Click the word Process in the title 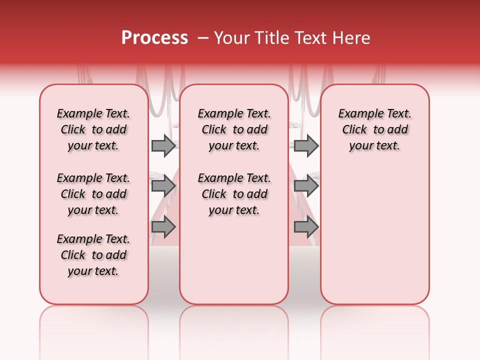154,38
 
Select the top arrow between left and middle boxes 163,146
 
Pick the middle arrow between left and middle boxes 163,186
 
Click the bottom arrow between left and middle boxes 163,227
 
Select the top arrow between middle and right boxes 306,146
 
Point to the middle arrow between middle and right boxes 306,186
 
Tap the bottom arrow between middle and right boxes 306,227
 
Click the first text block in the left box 93,129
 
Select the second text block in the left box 93,194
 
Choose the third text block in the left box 93,255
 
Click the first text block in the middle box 234,129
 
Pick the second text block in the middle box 234,194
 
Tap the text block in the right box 375,129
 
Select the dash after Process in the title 203,38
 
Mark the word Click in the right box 354,130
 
